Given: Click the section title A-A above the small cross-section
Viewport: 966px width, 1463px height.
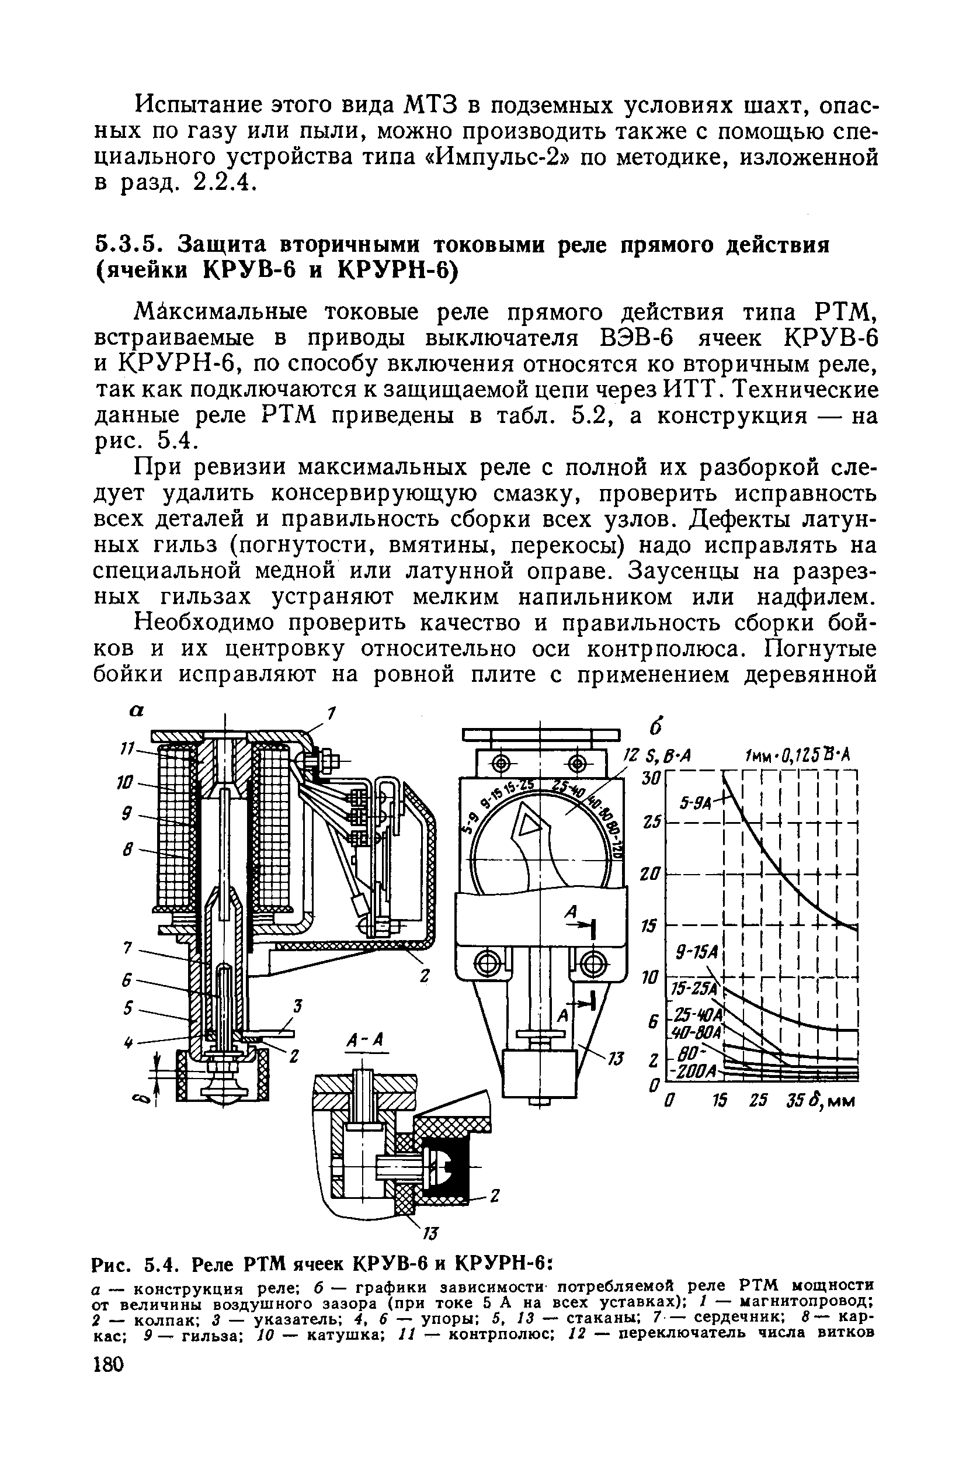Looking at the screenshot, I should coord(366,1041).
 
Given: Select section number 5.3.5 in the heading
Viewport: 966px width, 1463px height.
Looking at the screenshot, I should coord(128,245).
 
